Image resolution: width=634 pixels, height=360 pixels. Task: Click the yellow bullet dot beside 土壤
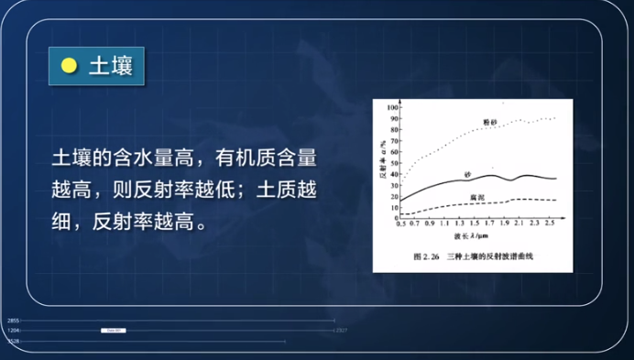68,65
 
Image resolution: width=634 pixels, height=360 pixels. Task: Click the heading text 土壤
109,65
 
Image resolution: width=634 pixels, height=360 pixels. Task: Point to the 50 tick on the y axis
394,163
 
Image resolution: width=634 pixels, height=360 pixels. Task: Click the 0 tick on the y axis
396,218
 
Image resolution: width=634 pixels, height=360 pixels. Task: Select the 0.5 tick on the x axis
400,224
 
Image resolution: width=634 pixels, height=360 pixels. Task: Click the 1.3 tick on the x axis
461,224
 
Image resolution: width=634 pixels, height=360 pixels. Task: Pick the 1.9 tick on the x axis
505,224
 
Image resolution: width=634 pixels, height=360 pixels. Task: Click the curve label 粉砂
491,121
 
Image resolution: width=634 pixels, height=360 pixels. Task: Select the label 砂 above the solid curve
467,171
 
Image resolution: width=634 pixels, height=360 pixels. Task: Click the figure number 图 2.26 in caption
428,256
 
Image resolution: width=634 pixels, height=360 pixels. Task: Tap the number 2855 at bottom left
13,321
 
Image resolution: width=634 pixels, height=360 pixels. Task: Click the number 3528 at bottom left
13,340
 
